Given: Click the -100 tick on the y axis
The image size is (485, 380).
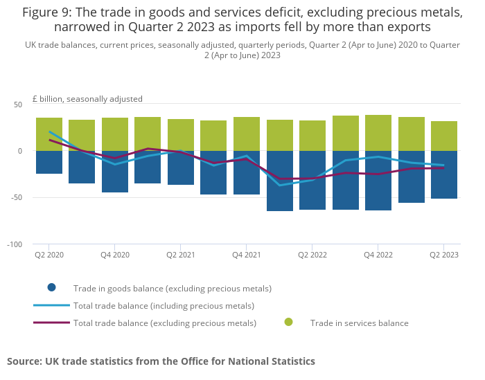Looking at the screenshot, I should pos(15,244).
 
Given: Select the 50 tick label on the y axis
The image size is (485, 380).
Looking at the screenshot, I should pos(18,105).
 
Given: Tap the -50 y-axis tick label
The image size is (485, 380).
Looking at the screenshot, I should pos(16,198).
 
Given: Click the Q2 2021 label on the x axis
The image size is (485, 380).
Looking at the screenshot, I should pos(181,255).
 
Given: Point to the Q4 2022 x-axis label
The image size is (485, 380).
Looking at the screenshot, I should pos(378,255).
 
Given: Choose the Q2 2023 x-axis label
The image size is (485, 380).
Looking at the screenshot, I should pos(444,255).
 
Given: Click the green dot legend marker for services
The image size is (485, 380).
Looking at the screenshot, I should pos(289,322).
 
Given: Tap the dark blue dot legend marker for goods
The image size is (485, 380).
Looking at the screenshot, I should pos(52,287).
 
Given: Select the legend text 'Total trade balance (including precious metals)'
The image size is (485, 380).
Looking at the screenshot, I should pos(164,305).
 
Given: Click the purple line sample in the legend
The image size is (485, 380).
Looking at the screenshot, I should pos(51,322).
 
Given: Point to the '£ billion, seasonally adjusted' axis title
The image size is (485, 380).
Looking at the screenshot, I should pos(87,99).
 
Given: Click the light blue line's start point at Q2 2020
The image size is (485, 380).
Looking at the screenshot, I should pos(49,132).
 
